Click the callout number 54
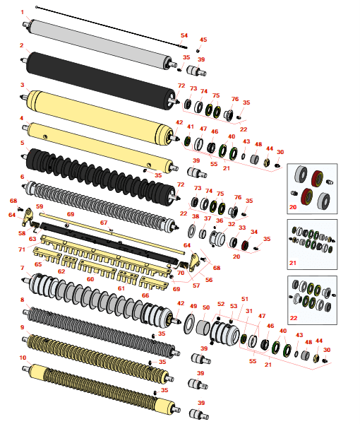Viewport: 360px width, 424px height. (184, 35)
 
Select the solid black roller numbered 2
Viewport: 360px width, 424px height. (100, 81)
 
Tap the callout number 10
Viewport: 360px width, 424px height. (23, 358)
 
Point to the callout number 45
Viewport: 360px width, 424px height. (203, 40)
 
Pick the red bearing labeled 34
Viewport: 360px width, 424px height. (245, 245)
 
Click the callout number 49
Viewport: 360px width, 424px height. (193, 306)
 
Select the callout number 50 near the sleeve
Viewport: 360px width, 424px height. (206, 307)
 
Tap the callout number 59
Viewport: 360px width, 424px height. (40, 206)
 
